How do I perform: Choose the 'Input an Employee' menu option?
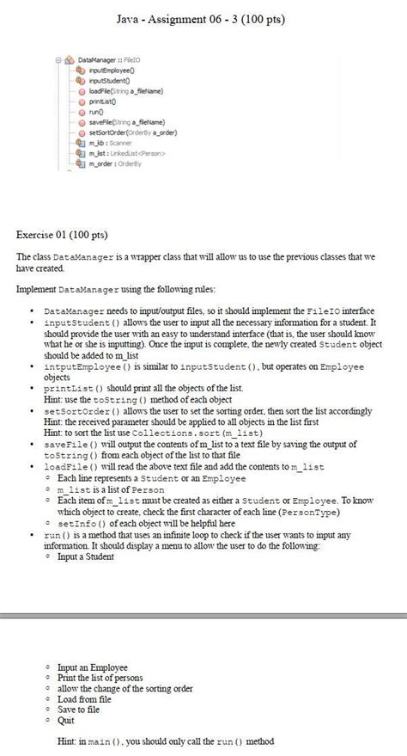[92, 666]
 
